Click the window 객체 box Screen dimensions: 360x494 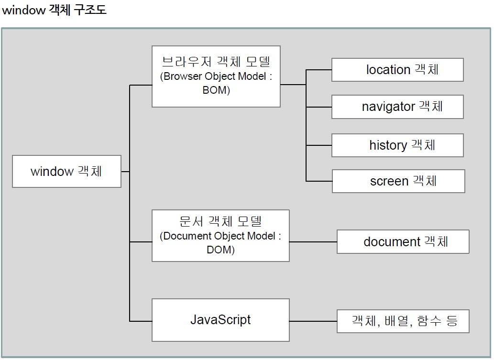(x=66, y=171)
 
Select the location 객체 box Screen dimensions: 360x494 (x=397, y=70)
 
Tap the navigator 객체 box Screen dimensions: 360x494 (x=397, y=107)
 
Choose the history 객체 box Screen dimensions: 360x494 (x=397, y=145)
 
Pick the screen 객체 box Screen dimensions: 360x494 (x=398, y=181)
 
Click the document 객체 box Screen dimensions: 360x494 (x=403, y=242)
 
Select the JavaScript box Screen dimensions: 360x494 (x=220, y=320)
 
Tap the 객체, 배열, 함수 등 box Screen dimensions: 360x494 (x=403, y=321)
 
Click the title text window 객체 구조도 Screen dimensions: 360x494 (x=54, y=10)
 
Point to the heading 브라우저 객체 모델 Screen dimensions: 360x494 (x=216, y=62)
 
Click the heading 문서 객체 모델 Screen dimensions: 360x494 (x=220, y=221)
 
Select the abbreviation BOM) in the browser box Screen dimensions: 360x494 (x=216, y=90)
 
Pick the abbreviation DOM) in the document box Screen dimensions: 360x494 (x=220, y=250)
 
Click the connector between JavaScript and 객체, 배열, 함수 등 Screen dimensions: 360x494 (x=313, y=321)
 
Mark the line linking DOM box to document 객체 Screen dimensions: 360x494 (x=313, y=242)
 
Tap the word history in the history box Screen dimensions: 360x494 (x=388, y=145)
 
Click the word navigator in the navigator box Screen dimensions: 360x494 (x=388, y=107)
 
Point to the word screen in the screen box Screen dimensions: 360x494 (x=389, y=182)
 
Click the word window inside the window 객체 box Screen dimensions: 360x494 (x=52, y=172)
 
